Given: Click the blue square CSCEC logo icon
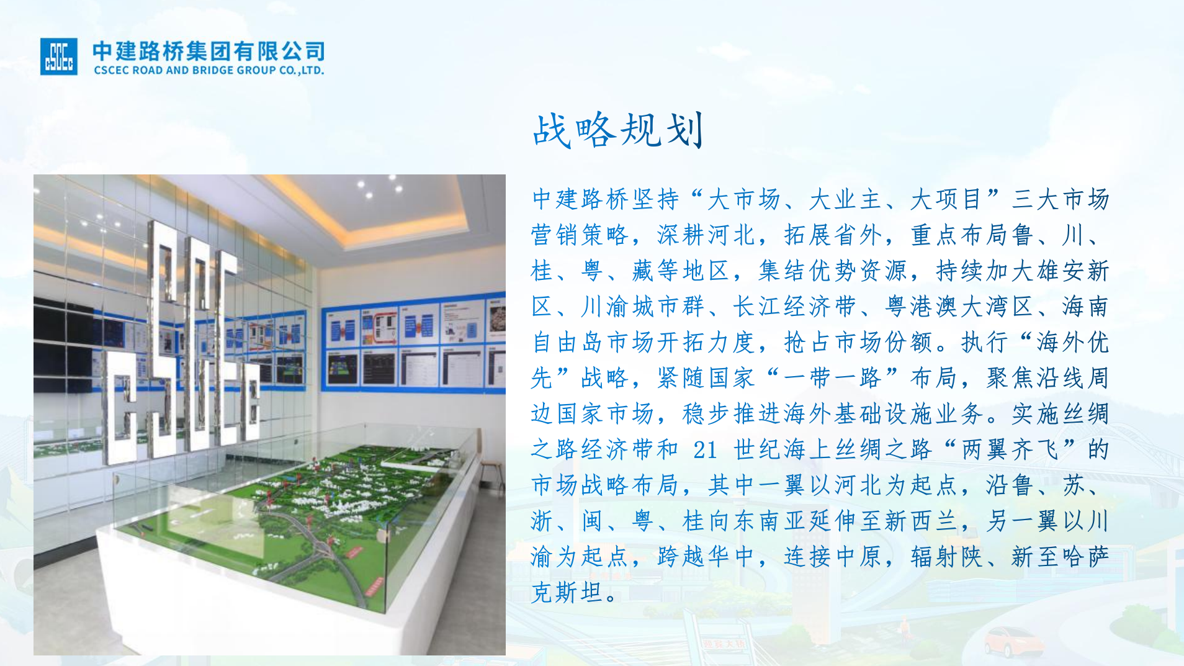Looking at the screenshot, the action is click(59, 56).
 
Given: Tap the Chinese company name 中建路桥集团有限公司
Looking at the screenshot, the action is click(209, 51).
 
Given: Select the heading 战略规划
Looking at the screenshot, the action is click(618, 130).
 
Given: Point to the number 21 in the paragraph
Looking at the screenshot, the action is click(705, 449).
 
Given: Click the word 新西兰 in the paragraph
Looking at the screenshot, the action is click(921, 521).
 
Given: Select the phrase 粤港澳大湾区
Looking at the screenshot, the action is click(959, 306).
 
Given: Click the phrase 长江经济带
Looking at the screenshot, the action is click(794, 306).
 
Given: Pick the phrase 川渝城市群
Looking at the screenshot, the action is click(642, 306).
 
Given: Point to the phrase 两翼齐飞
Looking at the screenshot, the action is click(1010, 449).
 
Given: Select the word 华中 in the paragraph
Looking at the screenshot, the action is click(735, 556).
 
